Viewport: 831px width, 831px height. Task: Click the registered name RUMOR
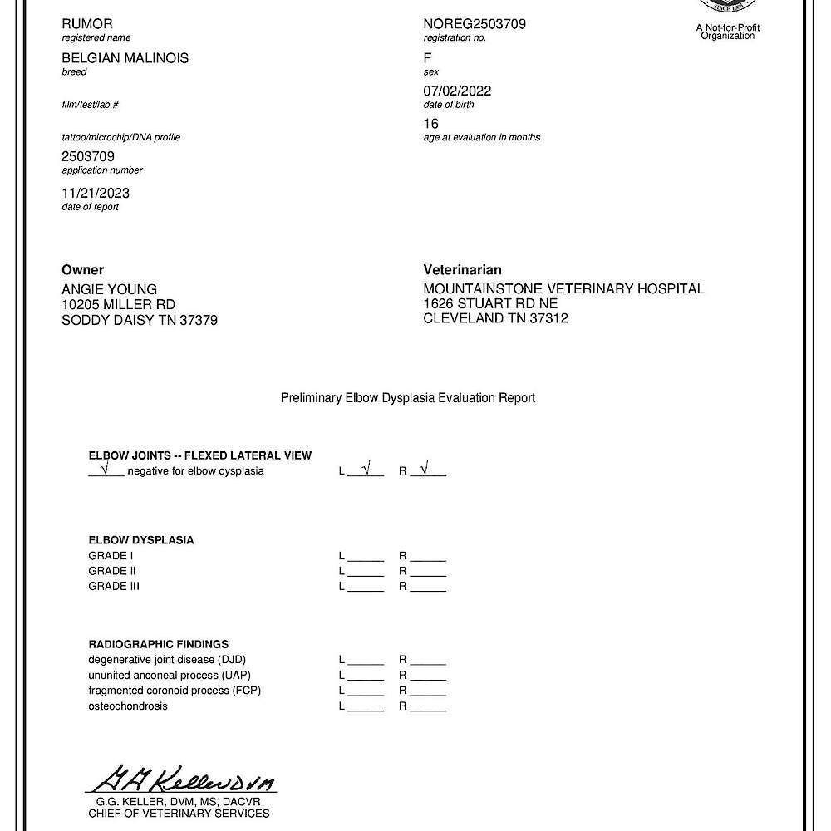87,24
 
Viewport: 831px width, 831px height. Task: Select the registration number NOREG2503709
475,24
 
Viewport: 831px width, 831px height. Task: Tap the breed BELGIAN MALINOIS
125,58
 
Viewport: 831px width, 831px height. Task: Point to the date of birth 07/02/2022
457,91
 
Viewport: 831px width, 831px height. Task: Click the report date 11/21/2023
96,193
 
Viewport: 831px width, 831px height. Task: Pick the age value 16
431,124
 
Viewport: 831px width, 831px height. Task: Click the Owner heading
83,270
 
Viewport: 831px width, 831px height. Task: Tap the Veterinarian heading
463,270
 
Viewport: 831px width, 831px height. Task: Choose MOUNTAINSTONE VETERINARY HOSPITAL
563,289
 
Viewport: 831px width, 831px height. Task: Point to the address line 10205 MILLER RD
119,305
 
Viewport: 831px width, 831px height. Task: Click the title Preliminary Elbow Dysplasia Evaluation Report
408,398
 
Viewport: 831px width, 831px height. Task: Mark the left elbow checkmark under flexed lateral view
365,470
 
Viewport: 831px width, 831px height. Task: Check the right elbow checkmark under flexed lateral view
425,470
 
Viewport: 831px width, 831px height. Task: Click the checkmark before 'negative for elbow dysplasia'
105,470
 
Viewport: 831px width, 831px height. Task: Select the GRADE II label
112,571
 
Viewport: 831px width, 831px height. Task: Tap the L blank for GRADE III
366,587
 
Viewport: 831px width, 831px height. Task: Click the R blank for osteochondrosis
428,706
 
